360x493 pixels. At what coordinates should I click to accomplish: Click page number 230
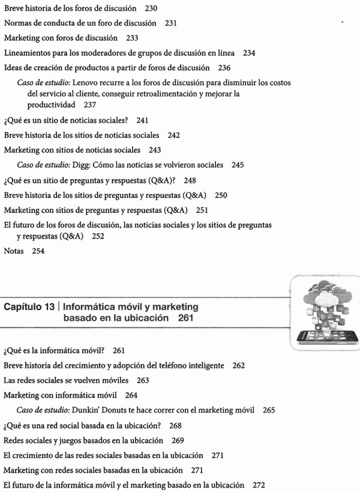click(x=151, y=9)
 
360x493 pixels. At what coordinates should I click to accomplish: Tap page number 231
click(x=171, y=24)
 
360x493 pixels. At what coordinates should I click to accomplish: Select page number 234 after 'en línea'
click(x=249, y=53)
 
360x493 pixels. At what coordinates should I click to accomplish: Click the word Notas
click(x=13, y=251)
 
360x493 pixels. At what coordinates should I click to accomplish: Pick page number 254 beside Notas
click(x=38, y=251)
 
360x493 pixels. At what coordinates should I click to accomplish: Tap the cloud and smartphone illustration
click(x=319, y=312)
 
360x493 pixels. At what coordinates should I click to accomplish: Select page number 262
click(x=239, y=365)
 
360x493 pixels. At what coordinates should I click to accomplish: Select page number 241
click(x=142, y=120)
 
